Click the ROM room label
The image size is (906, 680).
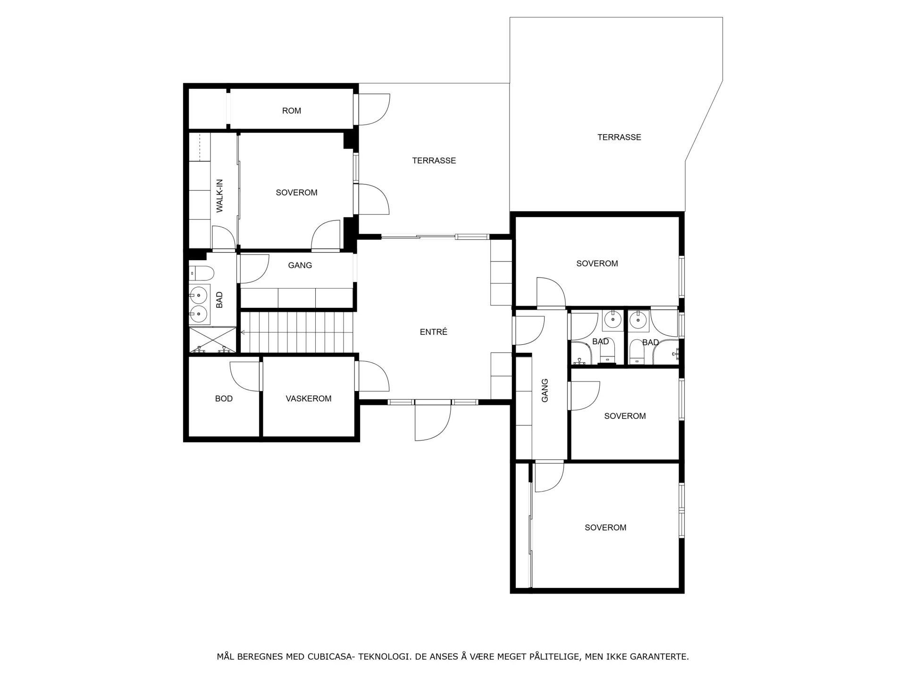[291, 111]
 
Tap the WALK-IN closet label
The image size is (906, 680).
[219, 196]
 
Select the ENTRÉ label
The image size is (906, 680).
[433, 332]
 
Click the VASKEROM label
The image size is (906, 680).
[309, 399]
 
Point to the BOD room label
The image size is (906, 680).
[224, 399]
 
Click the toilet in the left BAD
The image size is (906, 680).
[201, 273]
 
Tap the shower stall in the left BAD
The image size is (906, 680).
[212, 340]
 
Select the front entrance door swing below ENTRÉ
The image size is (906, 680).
[433, 422]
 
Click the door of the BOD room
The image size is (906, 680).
[245, 376]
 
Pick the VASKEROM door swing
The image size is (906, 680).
[373, 376]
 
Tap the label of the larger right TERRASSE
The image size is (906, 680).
[619, 137]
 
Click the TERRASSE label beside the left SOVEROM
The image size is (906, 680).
[434, 161]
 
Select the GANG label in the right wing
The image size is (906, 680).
[545, 391]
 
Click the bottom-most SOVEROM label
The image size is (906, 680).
[605, 527]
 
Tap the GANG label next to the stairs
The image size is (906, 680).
[300, 265]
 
